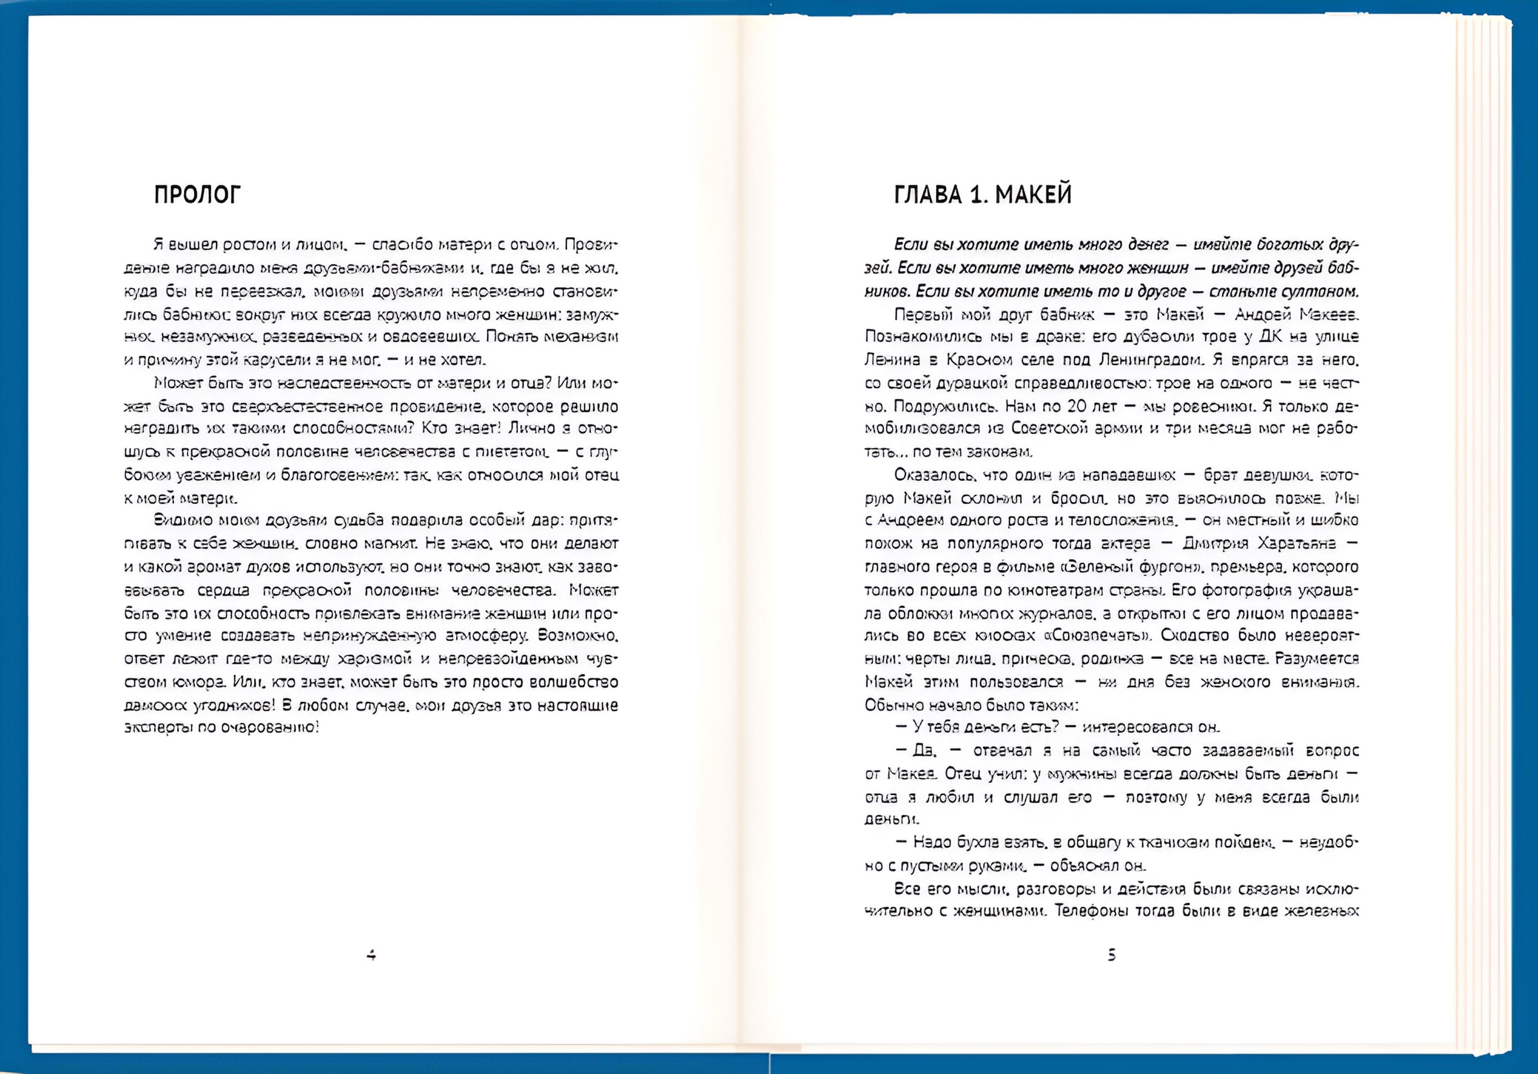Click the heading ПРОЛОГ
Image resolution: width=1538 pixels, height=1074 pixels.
point(197,195)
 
